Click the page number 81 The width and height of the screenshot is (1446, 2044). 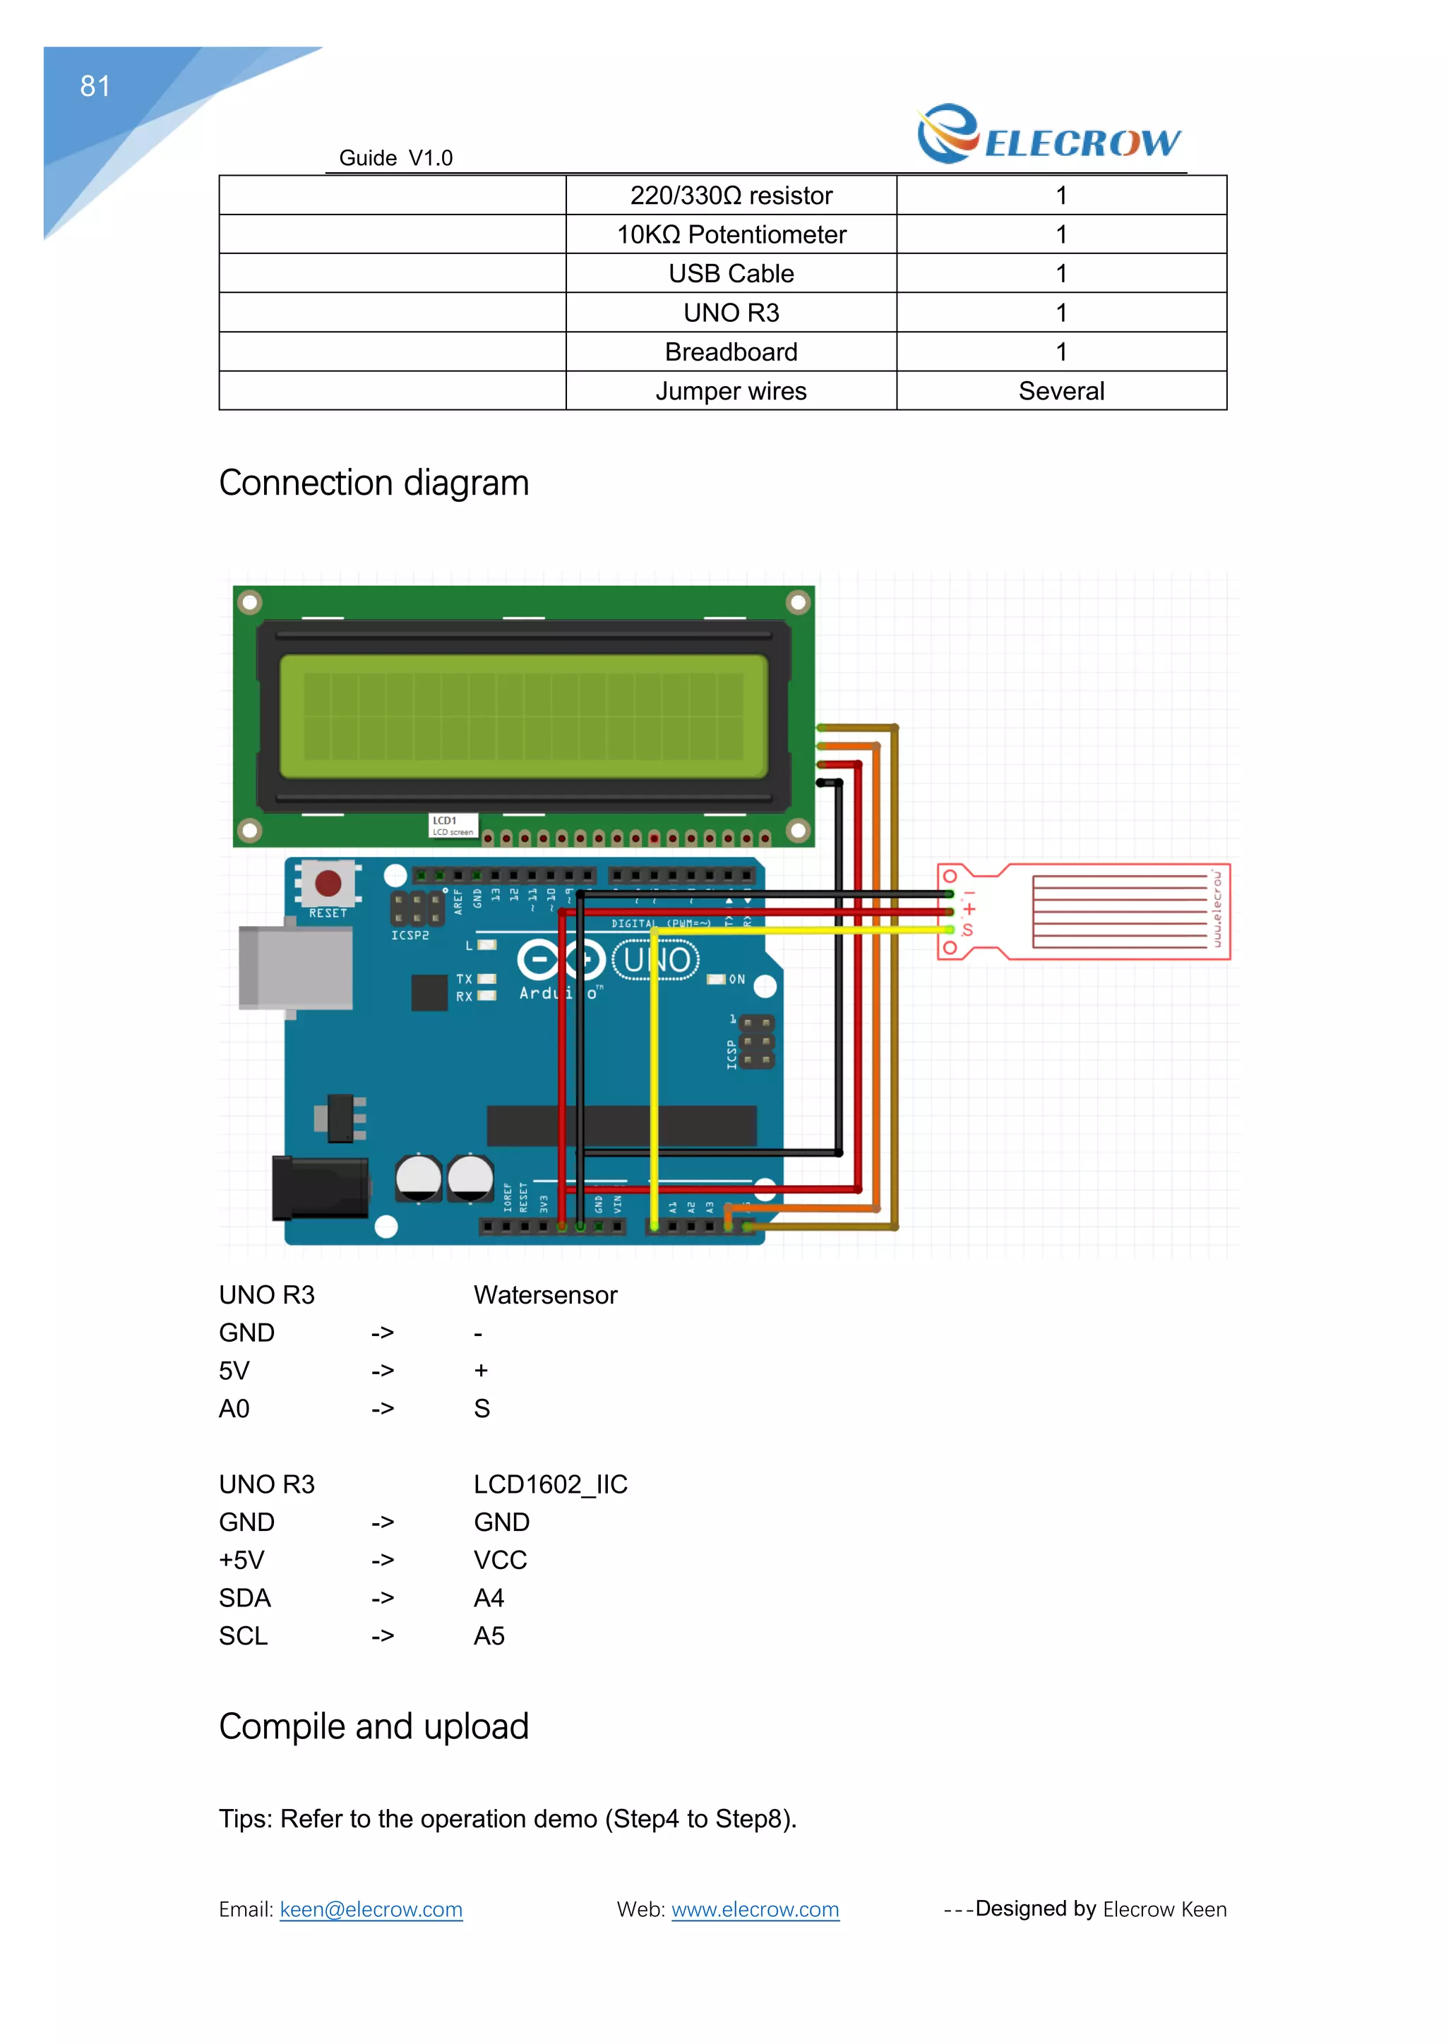[x=95, y=86]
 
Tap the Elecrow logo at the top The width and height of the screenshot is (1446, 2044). [x=1049, y=136]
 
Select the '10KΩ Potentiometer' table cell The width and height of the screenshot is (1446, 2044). [x=731, y=235]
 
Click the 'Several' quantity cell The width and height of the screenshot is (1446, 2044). [x=1060, y=392]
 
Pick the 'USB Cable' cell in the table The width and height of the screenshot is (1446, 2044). [x=731, y=274]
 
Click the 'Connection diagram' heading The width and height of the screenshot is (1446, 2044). [x=374, y=483]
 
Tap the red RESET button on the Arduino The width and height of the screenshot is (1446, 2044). [x=328, y=883]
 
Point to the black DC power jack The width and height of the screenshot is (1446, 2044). [x=320, y=1189]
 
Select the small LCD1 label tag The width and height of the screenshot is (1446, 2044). [x=453, y=825]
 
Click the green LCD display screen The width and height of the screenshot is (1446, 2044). [x=524, y=716]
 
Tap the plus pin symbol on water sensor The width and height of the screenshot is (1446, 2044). [x=969, y=909]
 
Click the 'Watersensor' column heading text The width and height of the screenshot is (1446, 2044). [x=545, y=1295]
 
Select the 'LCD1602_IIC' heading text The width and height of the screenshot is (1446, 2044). [x=550, y=1485]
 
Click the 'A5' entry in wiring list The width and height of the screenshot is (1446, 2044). [x=489, y=1636]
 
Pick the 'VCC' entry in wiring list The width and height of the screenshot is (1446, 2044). [x=501, y=1561]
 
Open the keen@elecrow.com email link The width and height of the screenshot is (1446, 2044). [x=371, y=1910]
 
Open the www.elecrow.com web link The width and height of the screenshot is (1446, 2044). [x=755, y=1910]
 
